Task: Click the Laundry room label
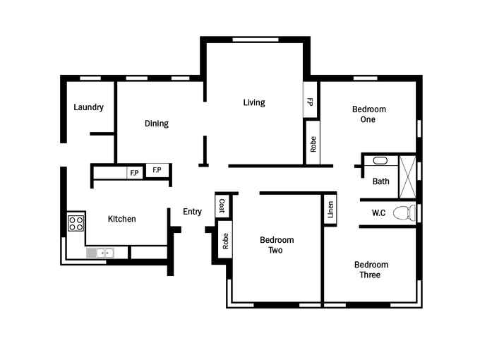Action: point(88,107)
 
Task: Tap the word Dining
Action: point(157,124)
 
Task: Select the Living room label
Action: point(254,102)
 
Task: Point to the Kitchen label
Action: point(122,219)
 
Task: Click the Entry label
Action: point(192,212)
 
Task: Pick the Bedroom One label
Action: point(369,114)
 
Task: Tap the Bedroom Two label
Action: point(277,245)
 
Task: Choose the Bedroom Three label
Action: point(371,270)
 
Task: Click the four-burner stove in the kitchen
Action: point(76,223)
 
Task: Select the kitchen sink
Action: point(104,253)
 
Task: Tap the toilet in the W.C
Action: point(404,213)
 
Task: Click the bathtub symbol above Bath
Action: point(380,161)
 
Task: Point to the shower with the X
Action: point(408,177)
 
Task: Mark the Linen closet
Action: point(330,210)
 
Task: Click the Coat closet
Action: point(222,205)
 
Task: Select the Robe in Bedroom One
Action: point(313,143)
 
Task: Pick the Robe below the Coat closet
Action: point(225,241)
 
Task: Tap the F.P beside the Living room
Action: point(310,100)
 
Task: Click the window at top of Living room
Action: point(256,40)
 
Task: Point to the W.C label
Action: point(378,212)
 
